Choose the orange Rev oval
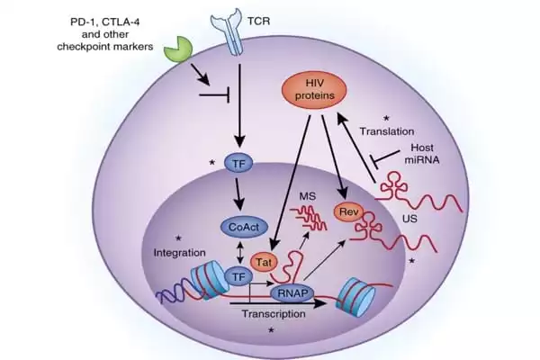pyautogui.click(x=346, y=212)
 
